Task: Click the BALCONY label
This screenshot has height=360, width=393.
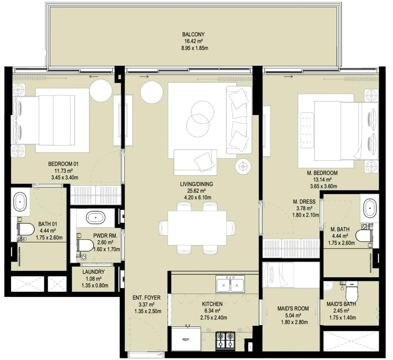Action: click(193, 34)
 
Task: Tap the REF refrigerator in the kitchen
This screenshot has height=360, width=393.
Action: click(186, 339)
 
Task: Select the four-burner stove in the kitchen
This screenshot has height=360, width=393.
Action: click(226, 341)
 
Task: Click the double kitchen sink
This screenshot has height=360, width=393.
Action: click(230, 284)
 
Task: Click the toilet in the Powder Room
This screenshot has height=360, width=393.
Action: click(85, 245)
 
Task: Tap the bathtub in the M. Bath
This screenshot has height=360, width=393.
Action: click(370, 208)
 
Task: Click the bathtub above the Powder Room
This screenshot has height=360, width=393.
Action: click(96, 217)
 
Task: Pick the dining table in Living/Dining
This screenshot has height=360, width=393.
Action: click(197, 228)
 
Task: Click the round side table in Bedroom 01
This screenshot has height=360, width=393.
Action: click(101, 90)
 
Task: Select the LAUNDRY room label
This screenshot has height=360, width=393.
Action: click(93, 272)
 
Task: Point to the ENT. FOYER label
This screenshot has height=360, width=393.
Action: click(146, 298)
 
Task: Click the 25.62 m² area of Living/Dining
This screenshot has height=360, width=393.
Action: click(196, 191)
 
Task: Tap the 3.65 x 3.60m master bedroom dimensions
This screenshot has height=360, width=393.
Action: click(324, 186)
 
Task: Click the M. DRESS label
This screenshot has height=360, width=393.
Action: click(304, 202)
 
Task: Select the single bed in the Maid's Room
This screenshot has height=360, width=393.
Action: click(291, 275)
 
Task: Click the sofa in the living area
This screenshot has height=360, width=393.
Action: click(239, 120)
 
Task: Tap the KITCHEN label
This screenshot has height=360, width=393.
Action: click(212, 304)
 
